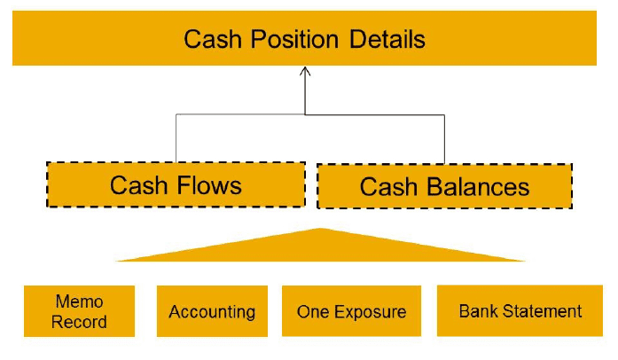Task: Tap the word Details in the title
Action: [x=387, y=40]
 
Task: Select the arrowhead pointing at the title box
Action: [x=305, y=73]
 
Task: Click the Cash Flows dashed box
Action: [x=176, y=184]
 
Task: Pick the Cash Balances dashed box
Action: [x=444, y=186]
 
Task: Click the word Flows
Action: [x=208, y=184]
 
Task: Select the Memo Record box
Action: [x=79, y=311]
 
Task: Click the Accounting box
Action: [x=212, y=311]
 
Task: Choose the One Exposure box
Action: [x=351, y=311]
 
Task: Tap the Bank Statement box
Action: [x=520, y=311]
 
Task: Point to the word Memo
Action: [x=79, y=301]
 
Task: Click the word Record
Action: [x=79, y=322]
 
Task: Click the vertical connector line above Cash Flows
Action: [x=176, y=138]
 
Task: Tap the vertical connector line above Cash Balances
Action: [x=444, y=138]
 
